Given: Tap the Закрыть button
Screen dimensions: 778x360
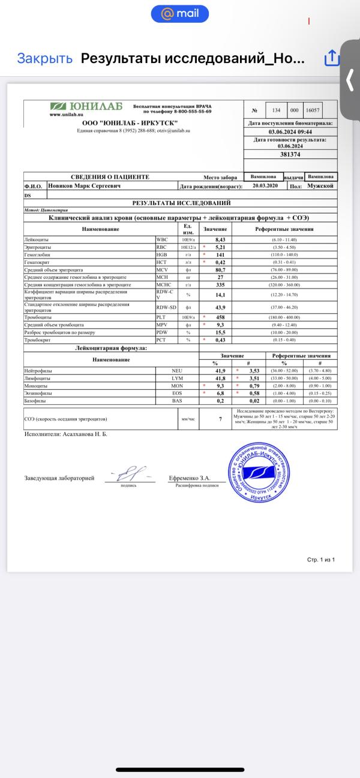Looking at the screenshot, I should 44,58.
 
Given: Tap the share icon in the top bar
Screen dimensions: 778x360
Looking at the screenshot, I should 332,58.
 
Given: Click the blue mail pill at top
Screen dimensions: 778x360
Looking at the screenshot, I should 180,13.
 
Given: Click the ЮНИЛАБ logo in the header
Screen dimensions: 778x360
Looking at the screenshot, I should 87,107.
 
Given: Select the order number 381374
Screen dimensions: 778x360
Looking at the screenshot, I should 290,154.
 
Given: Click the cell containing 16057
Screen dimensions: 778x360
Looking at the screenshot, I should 313,110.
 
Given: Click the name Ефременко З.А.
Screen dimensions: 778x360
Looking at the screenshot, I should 190,478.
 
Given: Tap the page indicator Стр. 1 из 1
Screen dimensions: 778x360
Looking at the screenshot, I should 320,559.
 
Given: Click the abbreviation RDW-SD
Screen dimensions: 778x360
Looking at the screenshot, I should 166,308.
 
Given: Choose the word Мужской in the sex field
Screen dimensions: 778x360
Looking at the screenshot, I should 319,186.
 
